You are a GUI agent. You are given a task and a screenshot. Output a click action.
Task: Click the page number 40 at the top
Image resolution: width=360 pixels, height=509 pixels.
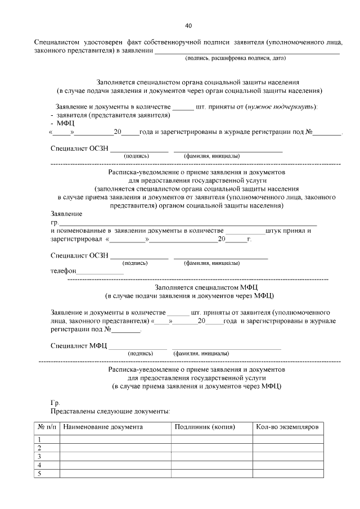pos(188,25)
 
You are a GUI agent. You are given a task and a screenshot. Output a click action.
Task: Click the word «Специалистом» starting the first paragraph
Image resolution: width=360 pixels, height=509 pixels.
pos(57,42)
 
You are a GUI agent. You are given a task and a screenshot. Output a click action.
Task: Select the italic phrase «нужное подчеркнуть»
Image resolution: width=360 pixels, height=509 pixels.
pos(282,106)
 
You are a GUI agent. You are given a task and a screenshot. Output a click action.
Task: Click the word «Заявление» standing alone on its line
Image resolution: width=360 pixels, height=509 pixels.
pos(66,214)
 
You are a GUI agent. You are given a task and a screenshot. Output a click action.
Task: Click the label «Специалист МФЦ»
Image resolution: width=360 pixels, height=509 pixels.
pos(78,345)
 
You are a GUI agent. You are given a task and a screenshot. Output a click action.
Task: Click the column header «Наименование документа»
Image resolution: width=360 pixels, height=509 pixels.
pos(103,427)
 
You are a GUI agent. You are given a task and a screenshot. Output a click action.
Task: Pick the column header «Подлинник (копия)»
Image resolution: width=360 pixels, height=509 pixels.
pos(205,427)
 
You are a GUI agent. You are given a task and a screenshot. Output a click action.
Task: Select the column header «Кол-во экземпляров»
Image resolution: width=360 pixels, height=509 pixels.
pos(287,427)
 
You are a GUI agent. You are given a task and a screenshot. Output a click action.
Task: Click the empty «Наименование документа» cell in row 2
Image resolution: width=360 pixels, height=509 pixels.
pos(115,448)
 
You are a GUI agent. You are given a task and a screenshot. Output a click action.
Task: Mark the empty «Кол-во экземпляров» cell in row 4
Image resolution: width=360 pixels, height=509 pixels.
pos(287,465)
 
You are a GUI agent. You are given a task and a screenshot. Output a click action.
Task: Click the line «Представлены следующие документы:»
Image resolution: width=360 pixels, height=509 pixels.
pos(110,412)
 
